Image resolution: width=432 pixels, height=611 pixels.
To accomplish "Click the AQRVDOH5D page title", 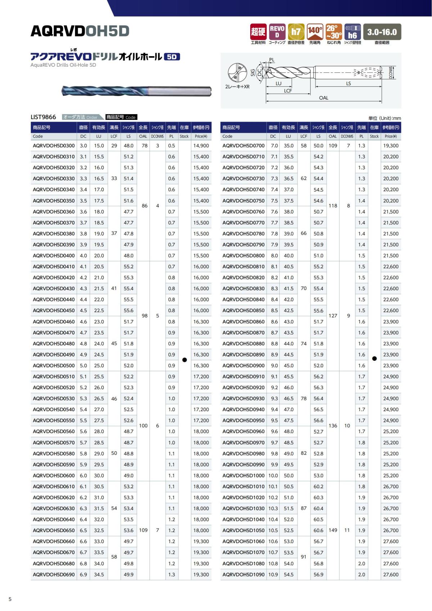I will [80, 31].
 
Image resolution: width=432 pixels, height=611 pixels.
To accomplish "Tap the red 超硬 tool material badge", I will [258, 32].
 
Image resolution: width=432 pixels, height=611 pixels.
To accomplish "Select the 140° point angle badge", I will [315, 32].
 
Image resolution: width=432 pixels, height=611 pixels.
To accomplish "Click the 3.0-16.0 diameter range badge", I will [382, 32].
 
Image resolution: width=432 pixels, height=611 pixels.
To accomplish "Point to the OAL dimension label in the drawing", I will [323, 98].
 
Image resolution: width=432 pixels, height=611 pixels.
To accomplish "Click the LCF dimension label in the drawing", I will [288, 91].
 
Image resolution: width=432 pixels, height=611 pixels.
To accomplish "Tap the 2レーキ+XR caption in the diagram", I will [237, 86].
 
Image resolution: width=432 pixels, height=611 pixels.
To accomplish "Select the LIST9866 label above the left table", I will [44, 117].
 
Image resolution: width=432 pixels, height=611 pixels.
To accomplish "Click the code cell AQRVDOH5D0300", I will [54, 146].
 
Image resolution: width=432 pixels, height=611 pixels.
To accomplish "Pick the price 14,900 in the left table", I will [201, 146].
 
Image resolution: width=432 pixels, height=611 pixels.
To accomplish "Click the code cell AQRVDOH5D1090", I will [243, 574].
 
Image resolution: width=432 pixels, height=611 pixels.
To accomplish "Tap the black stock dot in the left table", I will [184, 360].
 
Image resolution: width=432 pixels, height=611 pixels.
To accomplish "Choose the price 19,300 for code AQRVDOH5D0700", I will [391, 146].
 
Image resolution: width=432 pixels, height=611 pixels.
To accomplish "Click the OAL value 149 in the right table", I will [333, 530].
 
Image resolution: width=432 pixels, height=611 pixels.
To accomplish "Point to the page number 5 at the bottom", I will [10, 599].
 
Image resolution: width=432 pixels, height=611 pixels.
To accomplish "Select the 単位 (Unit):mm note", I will [384, 118].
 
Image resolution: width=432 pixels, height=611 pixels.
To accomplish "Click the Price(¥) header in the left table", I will [201, 136].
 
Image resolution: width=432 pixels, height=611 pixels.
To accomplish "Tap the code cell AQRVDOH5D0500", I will [54, 365].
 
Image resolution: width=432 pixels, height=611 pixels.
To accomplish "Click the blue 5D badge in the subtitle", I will [172, 57].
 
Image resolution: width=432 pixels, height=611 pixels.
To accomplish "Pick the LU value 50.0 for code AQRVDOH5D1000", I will [288, 475].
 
